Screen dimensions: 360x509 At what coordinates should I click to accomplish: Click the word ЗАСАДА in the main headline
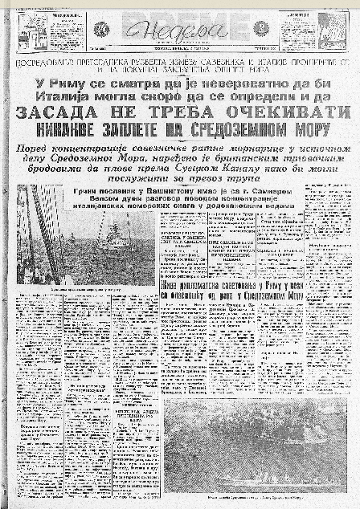click(59, 113)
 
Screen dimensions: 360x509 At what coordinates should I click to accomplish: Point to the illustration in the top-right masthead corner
click(331, 30)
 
